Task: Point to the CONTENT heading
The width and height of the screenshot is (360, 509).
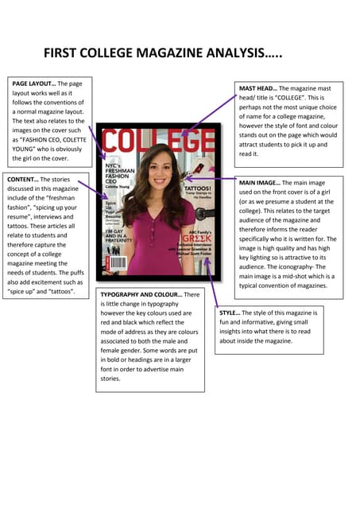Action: point(22,180)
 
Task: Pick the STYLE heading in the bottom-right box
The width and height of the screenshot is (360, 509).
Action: point(230,313)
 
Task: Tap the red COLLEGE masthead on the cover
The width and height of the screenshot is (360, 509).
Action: point(158,143)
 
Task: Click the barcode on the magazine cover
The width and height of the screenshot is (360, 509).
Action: point(118,263)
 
